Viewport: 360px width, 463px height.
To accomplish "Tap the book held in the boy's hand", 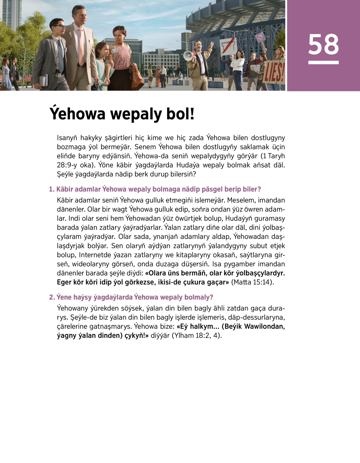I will click(x=43, y=80).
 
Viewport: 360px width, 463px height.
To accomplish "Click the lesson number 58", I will click(x=323, y=44).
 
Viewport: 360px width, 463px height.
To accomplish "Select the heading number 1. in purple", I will click(x=52, y=189).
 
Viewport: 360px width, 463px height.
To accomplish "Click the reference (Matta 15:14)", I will click(x=252, y=282).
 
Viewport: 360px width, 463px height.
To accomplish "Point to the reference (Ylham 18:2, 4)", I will click(x=196, y=335).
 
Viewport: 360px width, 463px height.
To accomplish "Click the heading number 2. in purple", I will click(x=52, y=297).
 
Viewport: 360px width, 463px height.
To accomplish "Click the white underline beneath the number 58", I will click(x=323, y=62).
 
